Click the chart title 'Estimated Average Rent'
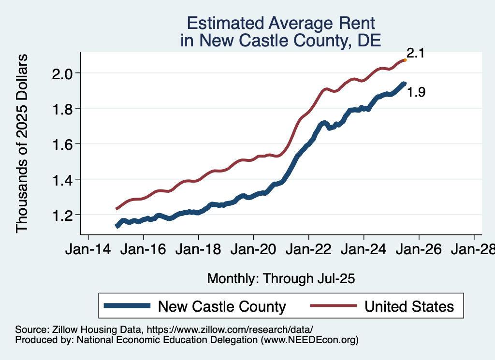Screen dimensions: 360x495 click(281, 23)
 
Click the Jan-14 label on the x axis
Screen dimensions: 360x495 click(88, 250)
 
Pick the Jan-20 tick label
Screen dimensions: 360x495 click(254, 250)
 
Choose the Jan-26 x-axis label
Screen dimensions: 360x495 click(419, 250)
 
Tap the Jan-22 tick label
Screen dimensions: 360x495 click(309, 250)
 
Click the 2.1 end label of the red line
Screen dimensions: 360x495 click(415, 53)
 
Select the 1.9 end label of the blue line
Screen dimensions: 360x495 click(416, 92)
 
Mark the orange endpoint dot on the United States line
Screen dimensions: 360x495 click(405, 60)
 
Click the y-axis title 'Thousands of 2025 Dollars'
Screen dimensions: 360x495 click(22, 144)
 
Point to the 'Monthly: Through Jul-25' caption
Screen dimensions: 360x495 click(281, 279)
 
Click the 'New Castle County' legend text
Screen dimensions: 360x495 click(222, 306)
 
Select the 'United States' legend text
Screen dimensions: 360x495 click(409, 306)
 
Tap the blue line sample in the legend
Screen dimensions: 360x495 click(127, 306)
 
